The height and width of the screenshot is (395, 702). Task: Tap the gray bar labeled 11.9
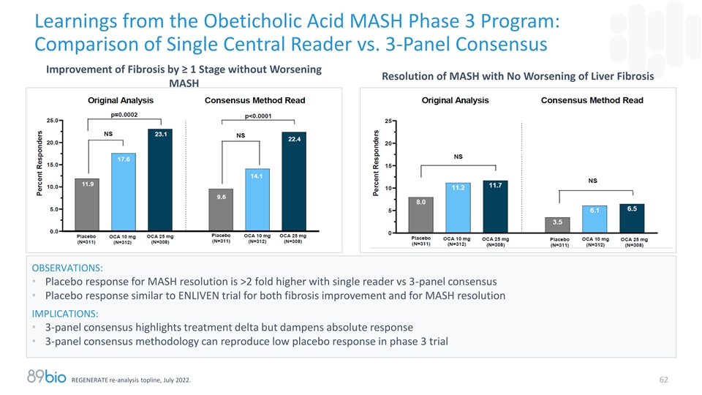tap(87, 205)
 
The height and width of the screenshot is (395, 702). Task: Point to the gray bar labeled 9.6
tap(221, 210)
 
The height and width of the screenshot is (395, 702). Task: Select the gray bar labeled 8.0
tap(421, 215)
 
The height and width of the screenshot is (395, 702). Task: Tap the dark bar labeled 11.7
tap(495, 207)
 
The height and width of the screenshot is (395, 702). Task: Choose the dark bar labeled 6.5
tap(633, 219)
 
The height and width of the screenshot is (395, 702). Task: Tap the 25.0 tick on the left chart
tap(53, 120)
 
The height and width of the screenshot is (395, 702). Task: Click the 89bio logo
tap(46, 377)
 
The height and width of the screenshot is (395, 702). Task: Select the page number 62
tap(663, 380)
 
